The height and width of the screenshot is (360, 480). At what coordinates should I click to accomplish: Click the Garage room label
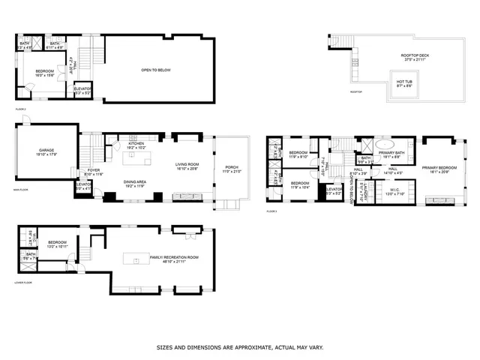[46, 150]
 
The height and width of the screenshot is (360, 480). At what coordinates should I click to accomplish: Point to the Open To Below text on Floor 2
[156, 70]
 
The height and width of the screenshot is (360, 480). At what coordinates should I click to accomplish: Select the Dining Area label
[135, 181]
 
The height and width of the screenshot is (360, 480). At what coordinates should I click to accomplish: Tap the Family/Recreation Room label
[163, 257]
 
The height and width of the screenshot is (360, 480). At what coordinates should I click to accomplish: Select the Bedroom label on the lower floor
[58, 242]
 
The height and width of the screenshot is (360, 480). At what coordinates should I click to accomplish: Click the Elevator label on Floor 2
[82, 88]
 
